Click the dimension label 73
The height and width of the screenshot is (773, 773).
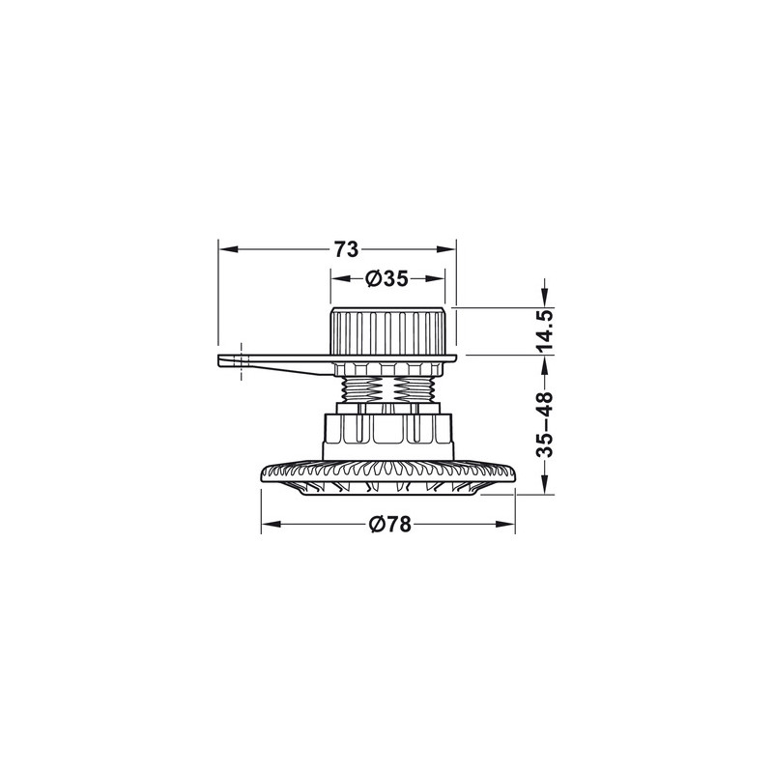tap(346, 249)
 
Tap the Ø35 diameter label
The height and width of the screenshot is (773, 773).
tap(387, 279)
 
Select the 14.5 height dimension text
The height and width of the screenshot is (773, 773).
tap(545, 330)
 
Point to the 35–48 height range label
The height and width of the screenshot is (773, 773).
tap(545, 424)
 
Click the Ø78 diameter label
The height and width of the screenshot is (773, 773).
tap(390, 524)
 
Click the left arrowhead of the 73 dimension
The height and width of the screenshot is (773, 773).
tap(228, 249)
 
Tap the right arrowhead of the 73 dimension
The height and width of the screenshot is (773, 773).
tap(445, 249)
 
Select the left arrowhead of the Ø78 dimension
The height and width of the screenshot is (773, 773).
tap(272, 524)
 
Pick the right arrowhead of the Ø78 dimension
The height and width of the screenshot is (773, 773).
tap(504, 524)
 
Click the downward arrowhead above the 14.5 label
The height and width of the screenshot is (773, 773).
tap(544, 298)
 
